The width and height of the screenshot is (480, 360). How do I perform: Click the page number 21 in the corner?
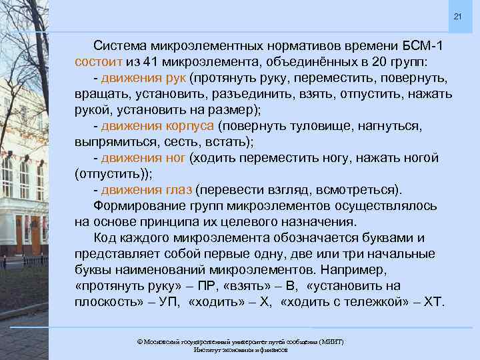(x=457, y=16)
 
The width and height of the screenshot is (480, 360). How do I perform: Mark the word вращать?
(x=100, y=95)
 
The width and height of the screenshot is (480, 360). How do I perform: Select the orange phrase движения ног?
(x=143, y=158)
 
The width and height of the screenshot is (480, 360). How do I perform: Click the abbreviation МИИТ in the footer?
(x=331, y=341)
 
